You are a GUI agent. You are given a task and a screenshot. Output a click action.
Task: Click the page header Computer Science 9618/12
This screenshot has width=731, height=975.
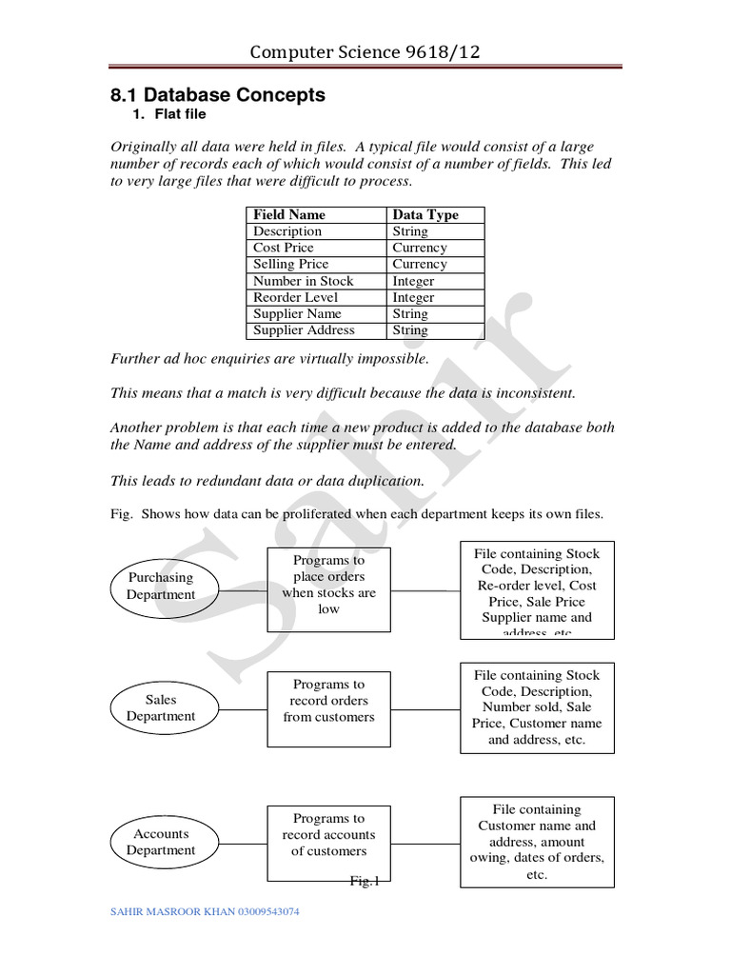coord(365,51)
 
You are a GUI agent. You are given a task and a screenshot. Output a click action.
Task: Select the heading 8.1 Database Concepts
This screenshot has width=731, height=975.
coord(218,95)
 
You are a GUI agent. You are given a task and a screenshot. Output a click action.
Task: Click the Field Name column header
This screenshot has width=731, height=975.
coord(289,215)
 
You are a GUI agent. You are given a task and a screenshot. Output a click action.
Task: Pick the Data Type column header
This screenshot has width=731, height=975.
coord(425,215)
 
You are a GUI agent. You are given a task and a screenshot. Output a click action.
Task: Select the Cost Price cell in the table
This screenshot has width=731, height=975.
coord(283,248)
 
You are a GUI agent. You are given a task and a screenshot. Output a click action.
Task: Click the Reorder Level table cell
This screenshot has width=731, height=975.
coord(295,297)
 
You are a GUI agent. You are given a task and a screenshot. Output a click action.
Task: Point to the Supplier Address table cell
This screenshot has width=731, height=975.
coord(304,330)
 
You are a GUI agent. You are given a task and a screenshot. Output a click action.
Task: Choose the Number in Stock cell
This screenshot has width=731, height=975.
coord(303,281)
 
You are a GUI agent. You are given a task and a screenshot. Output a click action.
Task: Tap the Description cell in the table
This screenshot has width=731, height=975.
coord(287,231)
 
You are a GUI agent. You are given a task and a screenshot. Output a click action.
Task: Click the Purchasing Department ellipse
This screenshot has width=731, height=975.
coord(161,587)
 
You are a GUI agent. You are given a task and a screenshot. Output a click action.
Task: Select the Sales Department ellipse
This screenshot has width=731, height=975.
coord(161,708)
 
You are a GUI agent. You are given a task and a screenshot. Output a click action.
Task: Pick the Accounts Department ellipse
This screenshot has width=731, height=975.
coord(161,842)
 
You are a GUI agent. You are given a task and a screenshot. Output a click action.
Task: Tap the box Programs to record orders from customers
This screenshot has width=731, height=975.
coord(328,701)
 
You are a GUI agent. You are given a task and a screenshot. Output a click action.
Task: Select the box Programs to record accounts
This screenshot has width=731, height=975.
coord(328,835)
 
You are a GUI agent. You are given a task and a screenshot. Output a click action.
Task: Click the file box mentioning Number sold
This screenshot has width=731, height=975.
coord(537,706)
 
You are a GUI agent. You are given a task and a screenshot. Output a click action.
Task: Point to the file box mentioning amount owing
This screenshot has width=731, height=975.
coord(537,841)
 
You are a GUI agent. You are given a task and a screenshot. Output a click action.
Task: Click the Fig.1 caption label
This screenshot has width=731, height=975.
coord(365,881)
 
